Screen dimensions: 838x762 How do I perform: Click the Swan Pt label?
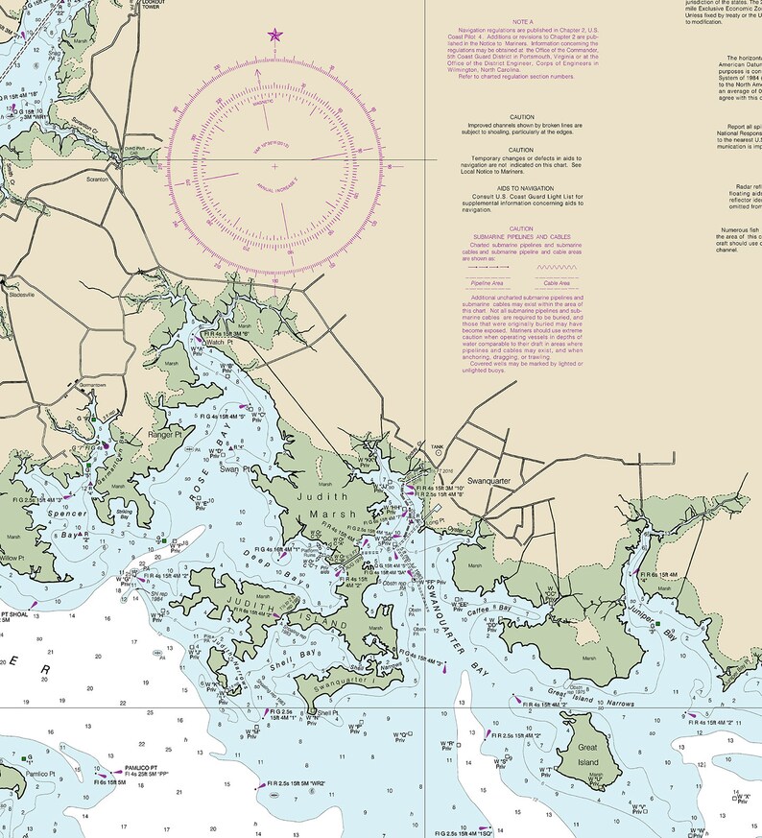(233, 468)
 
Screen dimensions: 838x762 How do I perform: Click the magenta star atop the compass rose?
(274, 36)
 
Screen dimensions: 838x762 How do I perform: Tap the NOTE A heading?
(522, 21)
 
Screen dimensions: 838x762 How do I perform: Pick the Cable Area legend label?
(557, 284)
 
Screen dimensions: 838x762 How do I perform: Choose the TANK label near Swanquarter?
(438, 447)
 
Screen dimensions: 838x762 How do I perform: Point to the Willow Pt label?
(11, 557)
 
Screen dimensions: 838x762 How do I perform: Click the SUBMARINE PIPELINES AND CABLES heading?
(522, 236)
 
